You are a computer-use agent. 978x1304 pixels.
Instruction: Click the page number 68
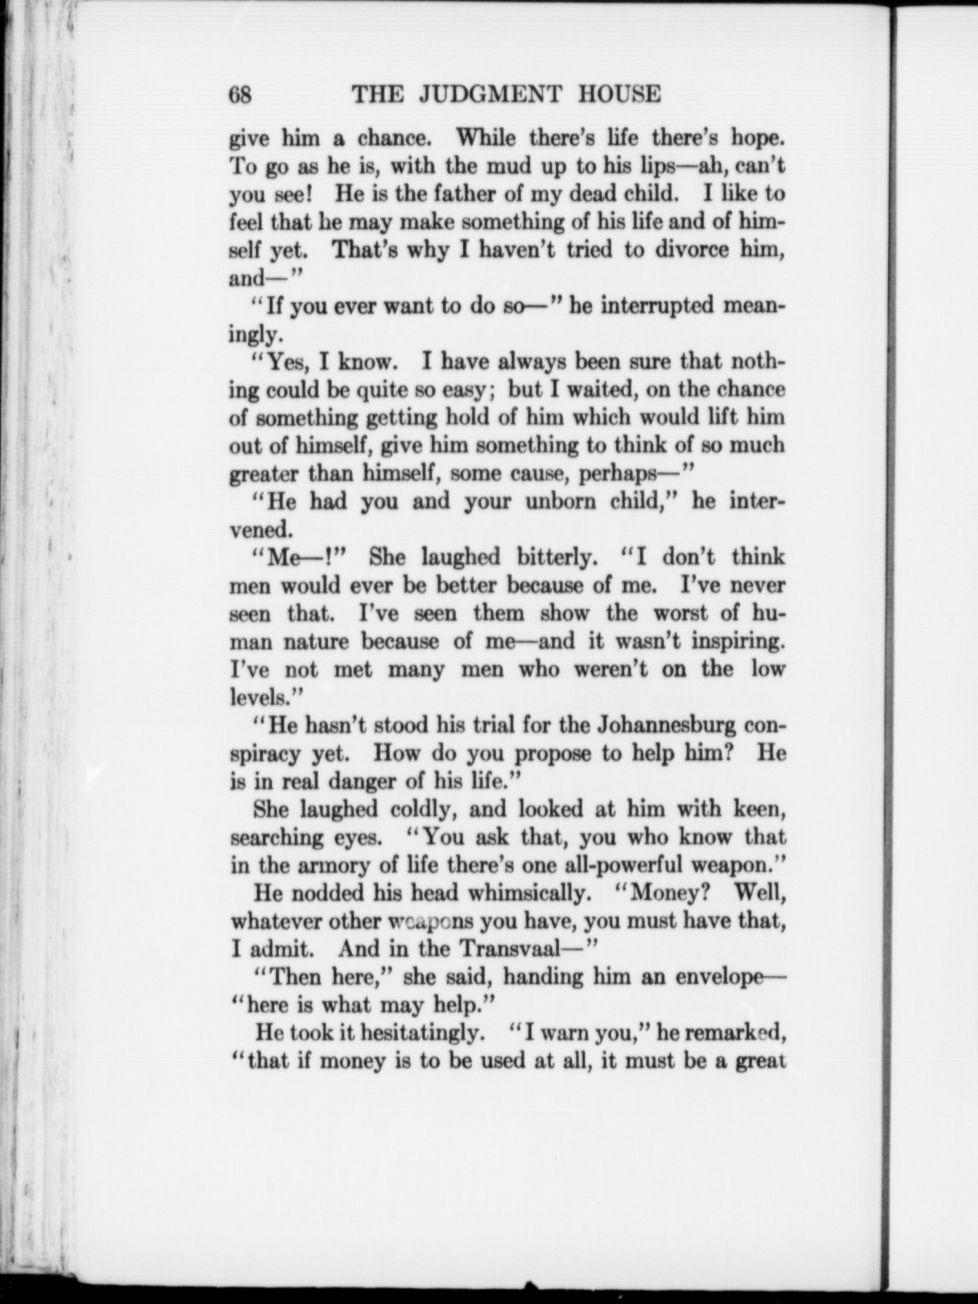click(240, 95)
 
